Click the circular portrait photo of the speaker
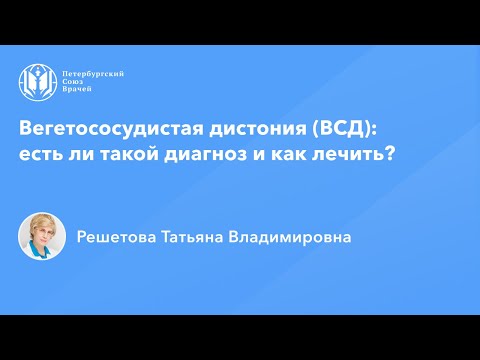click(42, 237)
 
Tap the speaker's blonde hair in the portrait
click(41, 222)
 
